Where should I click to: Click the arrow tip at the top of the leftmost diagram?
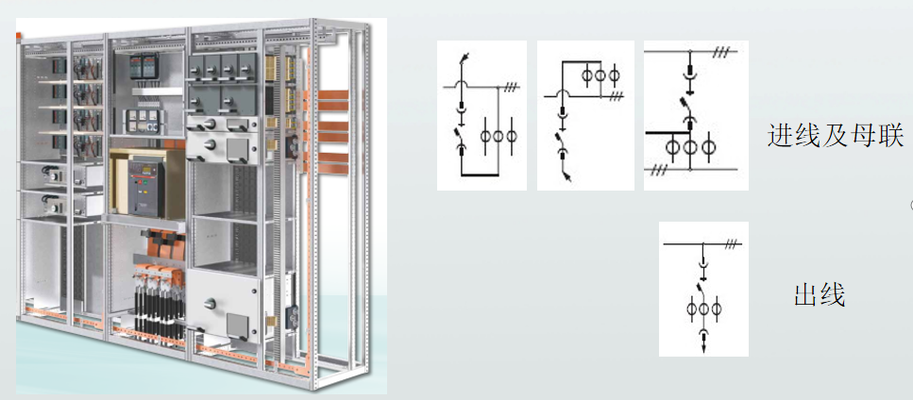[467, 54]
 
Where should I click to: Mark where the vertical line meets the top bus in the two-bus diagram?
[690, 52]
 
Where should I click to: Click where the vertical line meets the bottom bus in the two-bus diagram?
[690, 170]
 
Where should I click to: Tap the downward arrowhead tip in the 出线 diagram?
[703, 351]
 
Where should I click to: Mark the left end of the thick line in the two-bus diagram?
[647, 133]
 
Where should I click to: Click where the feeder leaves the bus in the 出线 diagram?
[703, 243]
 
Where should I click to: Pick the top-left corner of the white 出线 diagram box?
[659, 222]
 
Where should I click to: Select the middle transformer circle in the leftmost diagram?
[499, 136]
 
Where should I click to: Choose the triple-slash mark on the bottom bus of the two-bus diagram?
[658, 170]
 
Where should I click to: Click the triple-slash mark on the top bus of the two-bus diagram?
[720, 52]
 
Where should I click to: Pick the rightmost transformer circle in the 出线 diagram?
[717, 308]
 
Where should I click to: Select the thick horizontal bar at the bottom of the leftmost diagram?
[481, 174]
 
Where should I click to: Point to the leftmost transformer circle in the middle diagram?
[587, 75]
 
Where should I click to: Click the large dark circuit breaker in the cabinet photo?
[144, 187]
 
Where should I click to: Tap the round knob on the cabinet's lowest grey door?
[210, 303]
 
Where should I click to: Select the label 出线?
[820, 294]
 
